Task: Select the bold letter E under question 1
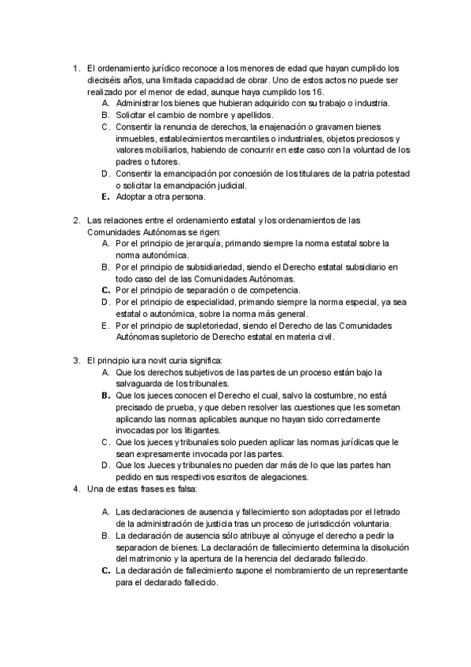point(105,197)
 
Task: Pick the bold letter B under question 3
point(105,395)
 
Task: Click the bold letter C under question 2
point(105,289)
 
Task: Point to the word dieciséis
point(105,79)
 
